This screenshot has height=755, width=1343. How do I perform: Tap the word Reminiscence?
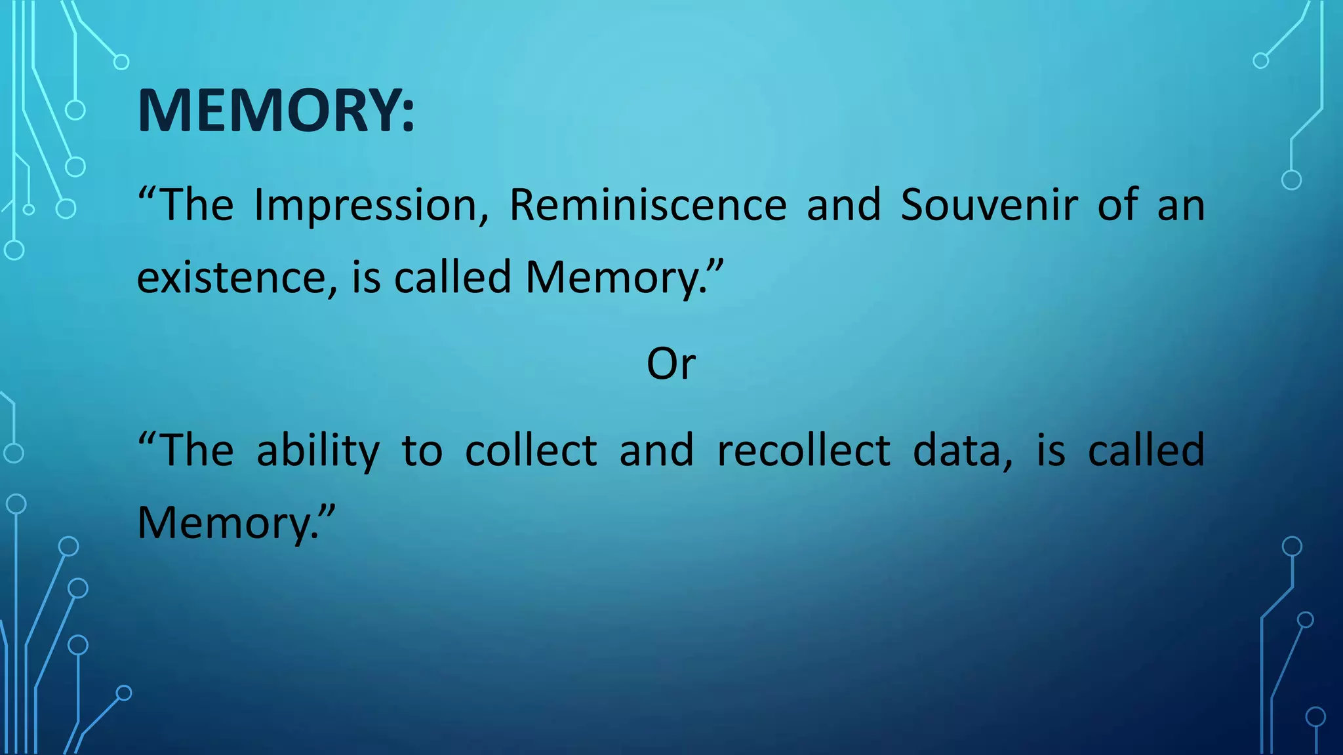[x=648, y=205]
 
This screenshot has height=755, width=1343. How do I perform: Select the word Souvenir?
[x=989, y=205]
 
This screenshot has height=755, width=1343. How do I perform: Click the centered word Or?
[x=671, y=364]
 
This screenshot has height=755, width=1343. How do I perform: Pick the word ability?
[x=318, y=451]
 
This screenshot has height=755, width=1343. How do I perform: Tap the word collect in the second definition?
[x=531, y=451]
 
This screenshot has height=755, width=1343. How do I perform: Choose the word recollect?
[x=804, y=451]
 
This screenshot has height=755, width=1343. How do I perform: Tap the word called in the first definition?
[x=452, y=278]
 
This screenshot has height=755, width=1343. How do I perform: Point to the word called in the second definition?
[x=1146, y=451]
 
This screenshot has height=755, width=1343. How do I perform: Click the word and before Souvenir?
[x=843, y=205]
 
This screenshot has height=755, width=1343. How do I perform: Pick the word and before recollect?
[x=656, y=451]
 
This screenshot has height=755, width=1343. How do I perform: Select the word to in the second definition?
[x=422, y=451]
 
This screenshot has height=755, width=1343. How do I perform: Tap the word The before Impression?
[x=196, y=205]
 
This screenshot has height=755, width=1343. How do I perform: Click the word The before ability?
[x=196, y=451]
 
